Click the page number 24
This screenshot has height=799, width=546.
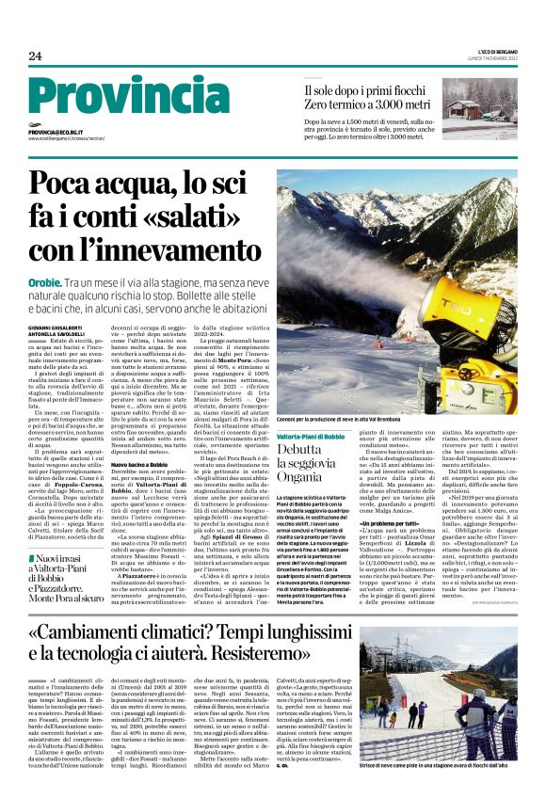[35, 56]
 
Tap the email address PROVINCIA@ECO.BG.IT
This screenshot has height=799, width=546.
[67, 133]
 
